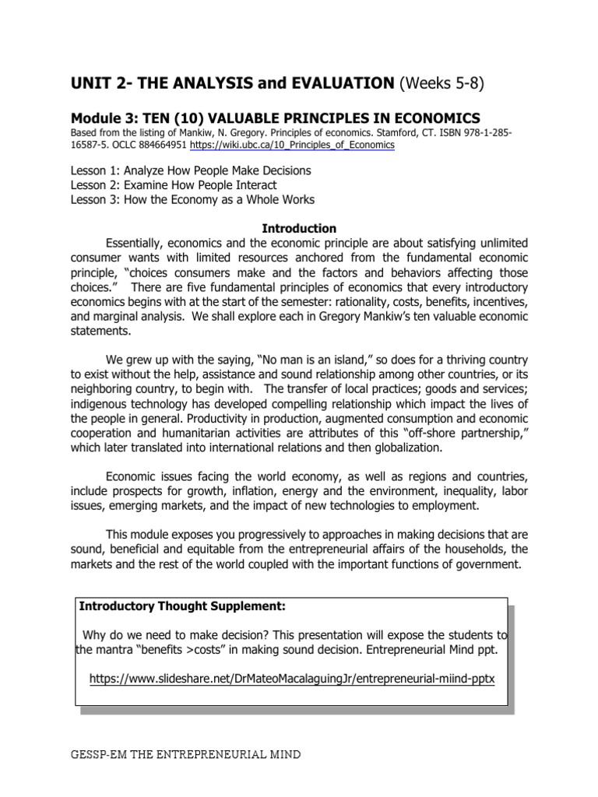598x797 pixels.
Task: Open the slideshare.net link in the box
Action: [x=291, y=679]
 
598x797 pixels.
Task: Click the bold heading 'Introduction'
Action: [x=299, y=229]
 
